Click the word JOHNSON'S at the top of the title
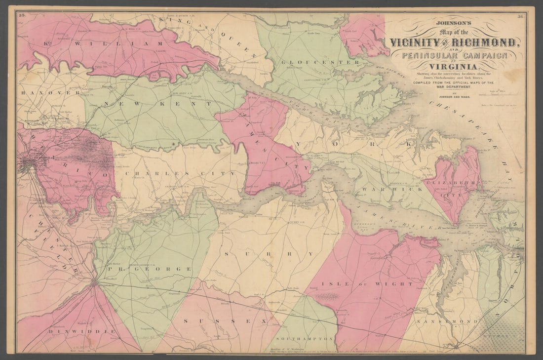point(453,22)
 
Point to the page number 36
point(520,16)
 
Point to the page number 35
point(22,16)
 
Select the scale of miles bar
point(504,93)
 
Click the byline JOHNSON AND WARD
point(452,97)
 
